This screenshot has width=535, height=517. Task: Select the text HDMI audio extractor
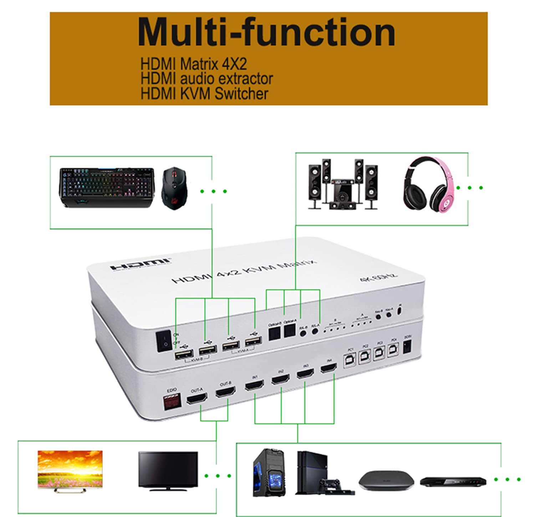tap(207, 79)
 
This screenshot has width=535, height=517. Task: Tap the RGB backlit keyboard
tap(107, 187)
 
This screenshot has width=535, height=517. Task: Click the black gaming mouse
tap(174, 189)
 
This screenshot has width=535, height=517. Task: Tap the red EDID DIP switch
tap(172, 402)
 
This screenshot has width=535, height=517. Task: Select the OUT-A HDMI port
tap(197, 399)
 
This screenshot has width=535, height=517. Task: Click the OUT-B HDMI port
tap(225, 392)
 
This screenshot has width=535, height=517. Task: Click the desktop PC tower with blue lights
tap(269, 472)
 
